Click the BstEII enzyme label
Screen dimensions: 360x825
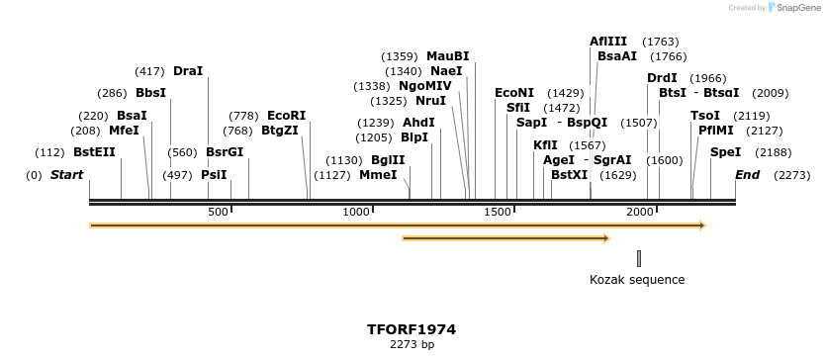(94, 152)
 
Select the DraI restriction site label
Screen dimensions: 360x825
(187, 71)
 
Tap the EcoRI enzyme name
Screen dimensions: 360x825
(287, 116)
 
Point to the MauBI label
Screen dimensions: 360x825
(448, 56)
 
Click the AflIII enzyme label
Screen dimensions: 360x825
(608, 42)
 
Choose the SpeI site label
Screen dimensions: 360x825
(725, 152)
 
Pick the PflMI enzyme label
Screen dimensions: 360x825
(716, 131)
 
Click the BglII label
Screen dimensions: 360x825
(388, 160)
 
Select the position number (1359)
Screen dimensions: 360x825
(400, 56)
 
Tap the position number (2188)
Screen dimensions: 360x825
(773, 152)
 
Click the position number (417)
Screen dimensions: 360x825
(149, 71)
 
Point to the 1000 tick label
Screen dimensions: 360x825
(355, 213)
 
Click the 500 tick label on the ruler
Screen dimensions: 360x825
(218, 213)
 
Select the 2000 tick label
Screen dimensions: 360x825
(640, 213)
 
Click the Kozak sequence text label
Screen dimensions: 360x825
(637, 280)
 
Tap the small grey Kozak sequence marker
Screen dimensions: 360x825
(639, 258)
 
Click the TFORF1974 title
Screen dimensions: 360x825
(412, 329)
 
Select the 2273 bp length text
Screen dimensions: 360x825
(412, 345)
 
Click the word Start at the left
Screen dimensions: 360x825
(67, 175)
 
